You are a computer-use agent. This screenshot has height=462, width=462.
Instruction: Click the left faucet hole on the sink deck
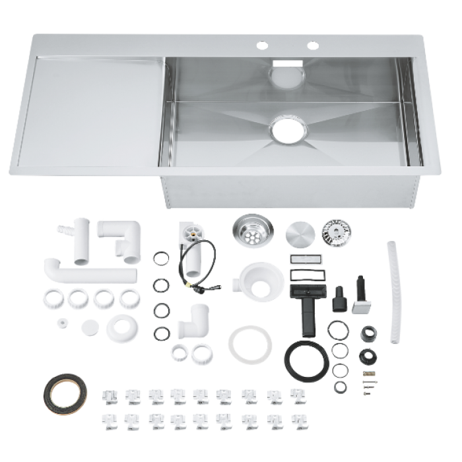coord(262,46)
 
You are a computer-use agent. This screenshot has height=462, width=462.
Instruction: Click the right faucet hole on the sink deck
coord(313,46)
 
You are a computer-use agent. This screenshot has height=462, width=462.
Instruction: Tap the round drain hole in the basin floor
coord(288,129)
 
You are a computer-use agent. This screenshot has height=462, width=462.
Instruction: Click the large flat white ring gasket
coord(250,344)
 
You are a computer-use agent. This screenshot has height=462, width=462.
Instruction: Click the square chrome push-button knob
coord(362,304)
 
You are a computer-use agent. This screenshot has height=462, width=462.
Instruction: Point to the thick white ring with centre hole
coord(121,327)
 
